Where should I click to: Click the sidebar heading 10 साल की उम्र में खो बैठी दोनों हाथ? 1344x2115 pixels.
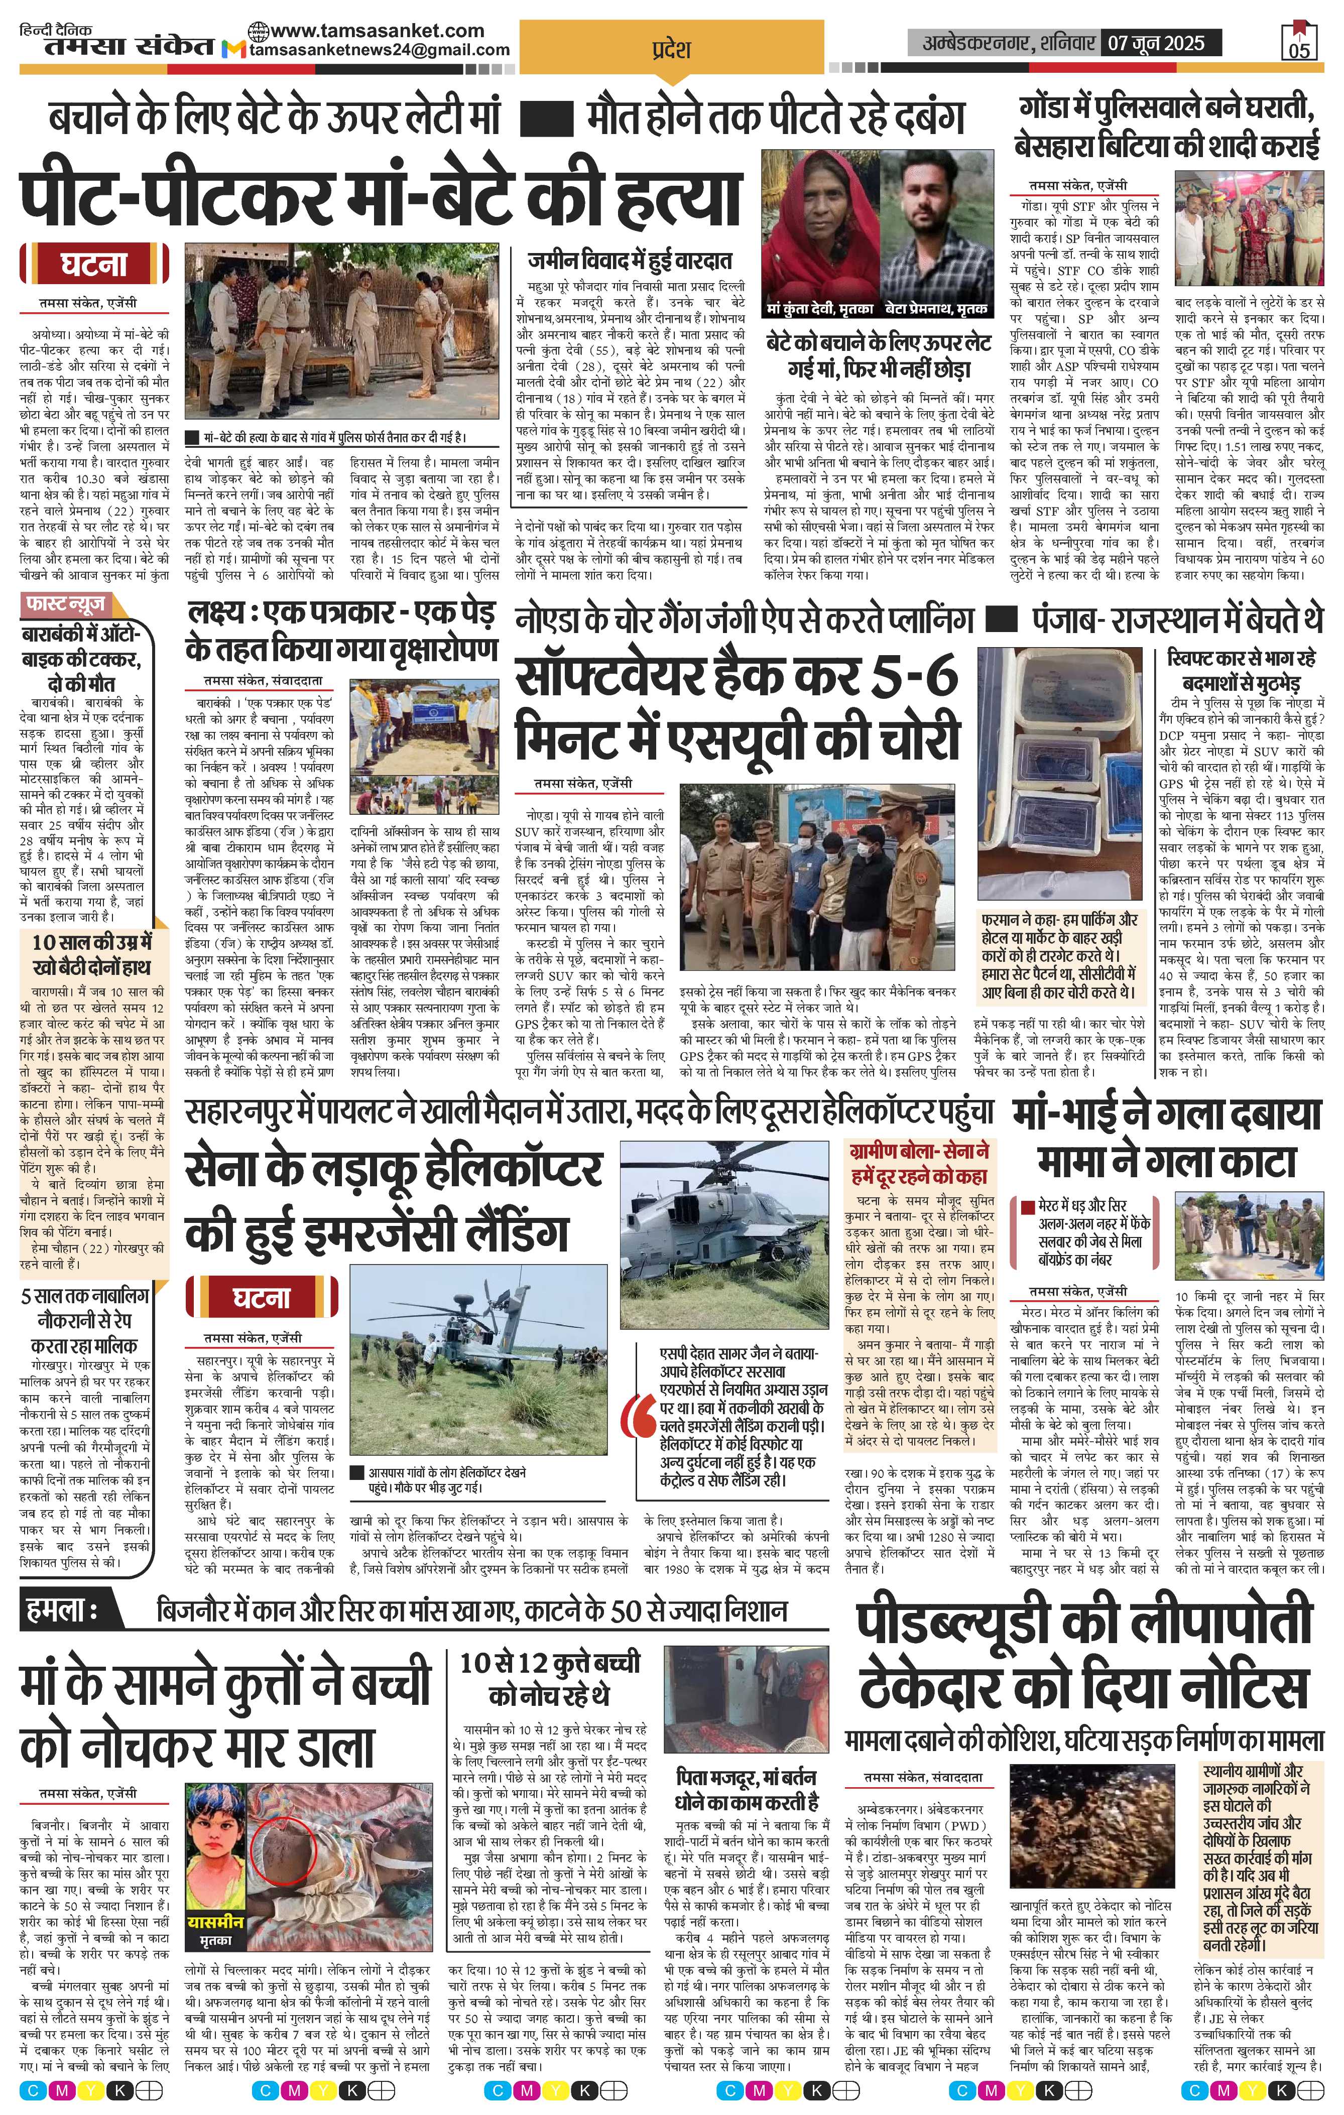pyautogui.click(x=86, y=956)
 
